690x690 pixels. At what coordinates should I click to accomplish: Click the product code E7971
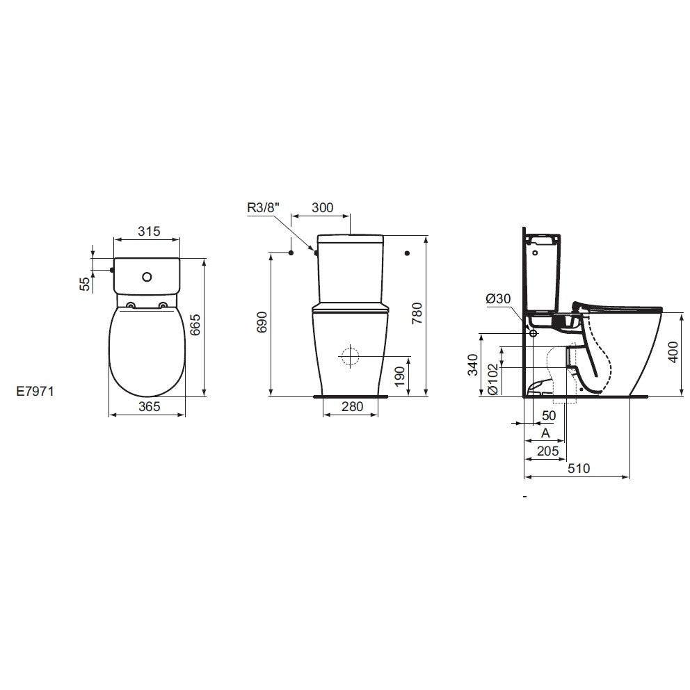pos(35,391)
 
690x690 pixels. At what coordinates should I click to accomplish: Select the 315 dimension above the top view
pos(149,231)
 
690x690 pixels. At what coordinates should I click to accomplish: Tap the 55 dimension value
pos(85,284)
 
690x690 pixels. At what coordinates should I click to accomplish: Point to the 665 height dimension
pos(195,325)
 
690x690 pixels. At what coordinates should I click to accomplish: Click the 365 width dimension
pos(149,407)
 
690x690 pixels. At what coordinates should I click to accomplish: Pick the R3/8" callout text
pos(263,208)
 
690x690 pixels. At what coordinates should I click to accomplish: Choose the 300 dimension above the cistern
pos(323,208)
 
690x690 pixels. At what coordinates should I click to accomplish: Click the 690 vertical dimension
pos(262,321)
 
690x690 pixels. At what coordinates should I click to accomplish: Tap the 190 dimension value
pos(399,376)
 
